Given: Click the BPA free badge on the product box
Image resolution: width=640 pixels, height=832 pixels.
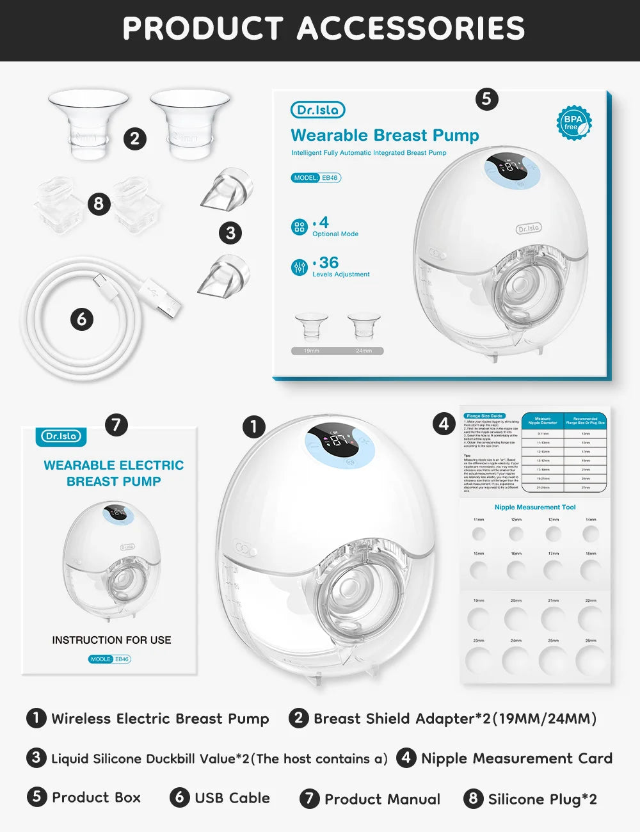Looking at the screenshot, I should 573,123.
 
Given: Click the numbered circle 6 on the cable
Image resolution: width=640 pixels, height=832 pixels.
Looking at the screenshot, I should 81,319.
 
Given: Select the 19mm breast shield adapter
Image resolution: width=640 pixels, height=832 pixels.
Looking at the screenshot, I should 88,124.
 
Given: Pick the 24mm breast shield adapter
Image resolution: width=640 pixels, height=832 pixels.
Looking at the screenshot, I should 189,123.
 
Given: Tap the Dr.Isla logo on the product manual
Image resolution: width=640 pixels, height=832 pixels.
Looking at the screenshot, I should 61,436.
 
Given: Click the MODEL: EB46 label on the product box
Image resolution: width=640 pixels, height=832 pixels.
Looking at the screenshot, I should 316,178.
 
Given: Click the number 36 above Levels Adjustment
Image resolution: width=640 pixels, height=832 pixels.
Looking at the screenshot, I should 328,262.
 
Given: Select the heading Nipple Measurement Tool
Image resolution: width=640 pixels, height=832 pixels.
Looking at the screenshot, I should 535,507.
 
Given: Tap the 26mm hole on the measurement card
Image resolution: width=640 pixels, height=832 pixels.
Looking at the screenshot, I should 590,660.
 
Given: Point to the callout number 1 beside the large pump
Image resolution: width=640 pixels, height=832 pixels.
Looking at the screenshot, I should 254,426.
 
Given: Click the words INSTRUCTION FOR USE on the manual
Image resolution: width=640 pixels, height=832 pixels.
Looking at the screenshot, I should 111,640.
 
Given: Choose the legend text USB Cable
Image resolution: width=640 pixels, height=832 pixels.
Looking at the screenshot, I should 232,798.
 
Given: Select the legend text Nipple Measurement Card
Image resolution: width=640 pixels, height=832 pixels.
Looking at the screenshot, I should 516,758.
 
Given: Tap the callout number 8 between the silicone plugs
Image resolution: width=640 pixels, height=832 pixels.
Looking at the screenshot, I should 98,204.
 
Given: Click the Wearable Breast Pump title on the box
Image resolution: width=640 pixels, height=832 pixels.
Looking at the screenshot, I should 385,136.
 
